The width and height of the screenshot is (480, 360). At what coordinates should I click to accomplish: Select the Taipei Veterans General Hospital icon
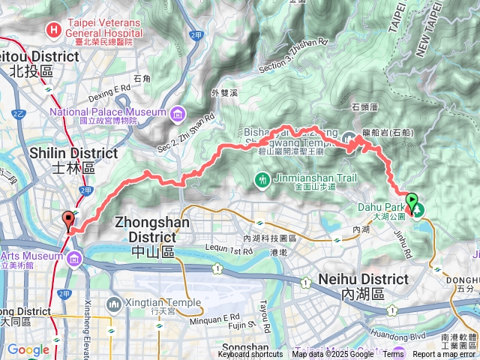click(x=53, y=30)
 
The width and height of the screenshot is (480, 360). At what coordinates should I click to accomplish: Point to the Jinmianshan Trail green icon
click(x=262, y=179)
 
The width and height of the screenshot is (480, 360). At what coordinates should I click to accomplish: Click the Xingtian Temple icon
click(x=113, y=304)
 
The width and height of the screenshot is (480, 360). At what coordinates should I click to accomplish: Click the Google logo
click(x=28, y=349)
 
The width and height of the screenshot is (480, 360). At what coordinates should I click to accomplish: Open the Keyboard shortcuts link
click(x=250, y=354)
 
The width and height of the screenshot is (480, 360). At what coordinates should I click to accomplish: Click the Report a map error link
click(x=445, y=354)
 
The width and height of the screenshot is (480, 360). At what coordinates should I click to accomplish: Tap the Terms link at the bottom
click(x=393, y=354)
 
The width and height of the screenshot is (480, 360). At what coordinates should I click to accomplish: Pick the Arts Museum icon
click(x=73, y=259)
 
